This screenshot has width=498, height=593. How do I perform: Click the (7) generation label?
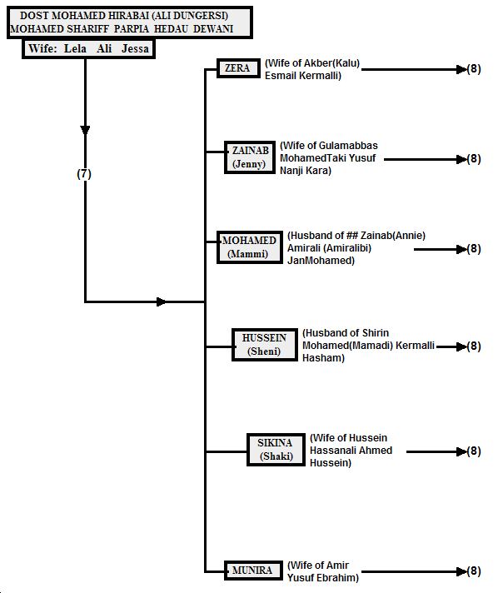(x=84, y=174)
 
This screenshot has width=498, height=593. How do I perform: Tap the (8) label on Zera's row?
(x=474, y=69)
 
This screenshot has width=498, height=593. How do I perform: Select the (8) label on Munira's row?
(x=474, y=571)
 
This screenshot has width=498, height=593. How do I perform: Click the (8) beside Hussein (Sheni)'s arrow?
(x=474, y=346)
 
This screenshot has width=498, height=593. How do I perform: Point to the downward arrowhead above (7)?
(x=85, y=131)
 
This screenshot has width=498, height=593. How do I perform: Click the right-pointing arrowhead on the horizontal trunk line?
(x=162, y=301)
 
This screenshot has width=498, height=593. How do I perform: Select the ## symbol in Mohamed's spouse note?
(x=352, y=236)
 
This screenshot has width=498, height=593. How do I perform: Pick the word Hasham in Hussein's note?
(x=323, y=358)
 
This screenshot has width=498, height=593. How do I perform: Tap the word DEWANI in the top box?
(x=213, y=29)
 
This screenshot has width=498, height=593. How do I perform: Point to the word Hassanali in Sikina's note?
(x=330, y=451)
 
